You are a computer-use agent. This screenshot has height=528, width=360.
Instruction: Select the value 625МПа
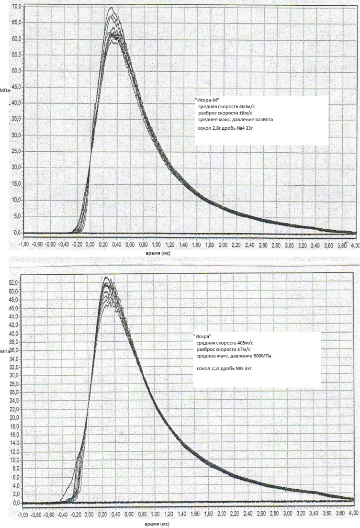263,120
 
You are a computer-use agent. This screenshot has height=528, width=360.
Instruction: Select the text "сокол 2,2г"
206,368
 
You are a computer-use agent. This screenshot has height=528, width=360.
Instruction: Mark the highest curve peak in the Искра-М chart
111,7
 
